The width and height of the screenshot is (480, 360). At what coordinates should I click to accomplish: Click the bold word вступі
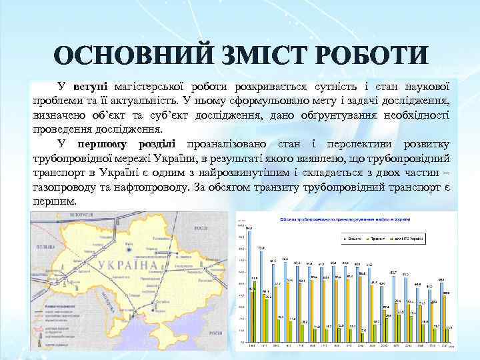pos(91,87)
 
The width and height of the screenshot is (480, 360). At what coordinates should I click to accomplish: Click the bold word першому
pos(104,144)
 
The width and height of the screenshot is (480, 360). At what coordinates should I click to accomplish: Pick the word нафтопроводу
pos(148,187)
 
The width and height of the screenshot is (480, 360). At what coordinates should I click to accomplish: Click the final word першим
pos(55,201)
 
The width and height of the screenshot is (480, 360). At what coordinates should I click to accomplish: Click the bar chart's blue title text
pos(340,219)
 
